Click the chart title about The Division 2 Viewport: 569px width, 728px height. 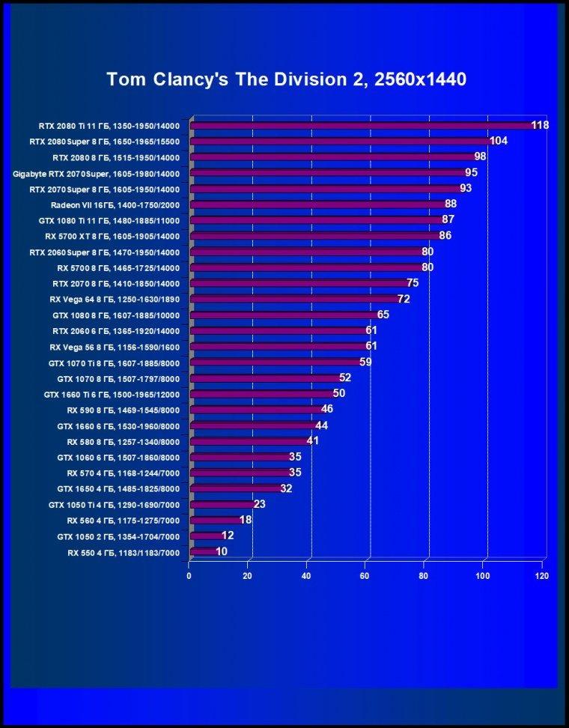click(x=286, y=79)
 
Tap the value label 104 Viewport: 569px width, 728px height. click(x=499, y=141)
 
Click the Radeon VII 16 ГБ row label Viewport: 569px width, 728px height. click(x=115, y=204)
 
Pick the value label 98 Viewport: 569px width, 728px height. click(x=480, y=157)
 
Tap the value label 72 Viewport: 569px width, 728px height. click(x=404, y=300)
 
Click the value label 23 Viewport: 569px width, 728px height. click(x=260, y=504)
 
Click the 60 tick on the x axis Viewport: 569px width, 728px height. click(x=365, y=576)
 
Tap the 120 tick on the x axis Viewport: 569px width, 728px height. click(x=541, y=576)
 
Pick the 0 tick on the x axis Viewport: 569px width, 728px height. click(x=189, y=576)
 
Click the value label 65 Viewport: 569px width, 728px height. click(x=383, y=315)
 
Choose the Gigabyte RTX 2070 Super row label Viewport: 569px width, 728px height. click(x=96, y=173)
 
